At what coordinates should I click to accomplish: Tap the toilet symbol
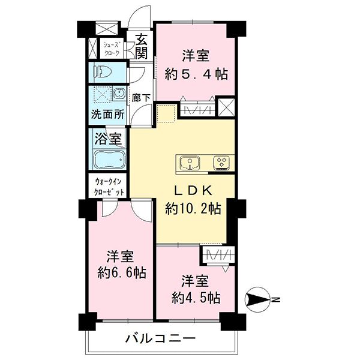(103, 72)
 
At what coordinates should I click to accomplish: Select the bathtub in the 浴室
(109, 159)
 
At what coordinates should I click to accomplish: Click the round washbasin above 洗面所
(119, 94)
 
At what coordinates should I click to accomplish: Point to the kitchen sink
(190, 163)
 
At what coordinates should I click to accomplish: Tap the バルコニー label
(160, 338)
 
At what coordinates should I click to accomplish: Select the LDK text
(193, 190)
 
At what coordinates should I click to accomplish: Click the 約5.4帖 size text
(196, 74)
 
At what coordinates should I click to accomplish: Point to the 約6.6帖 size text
(122, 273)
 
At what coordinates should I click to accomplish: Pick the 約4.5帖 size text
(196, 298)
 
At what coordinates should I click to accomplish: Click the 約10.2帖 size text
(193, 209)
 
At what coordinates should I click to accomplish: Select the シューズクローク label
(112, 49)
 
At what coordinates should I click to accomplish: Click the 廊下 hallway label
(141, 98)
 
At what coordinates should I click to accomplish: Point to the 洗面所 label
(107, 114)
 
